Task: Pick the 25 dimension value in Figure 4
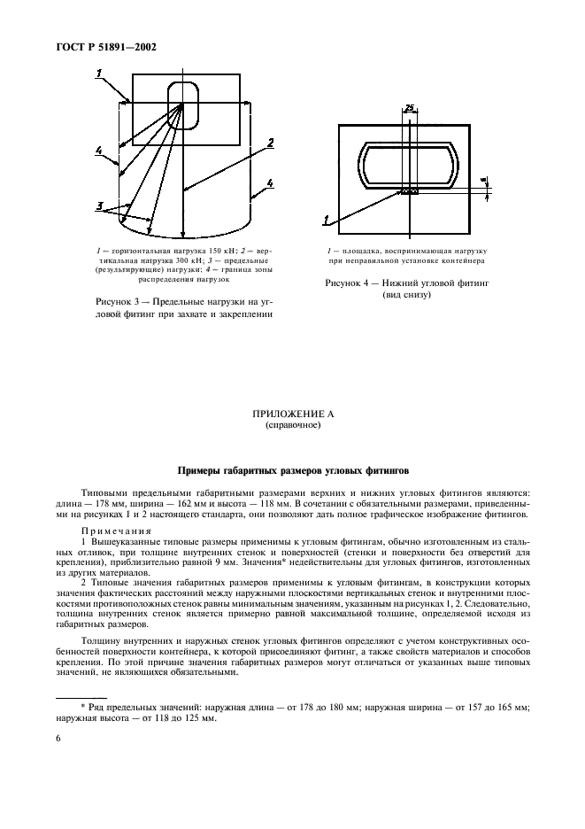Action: click(409, 108)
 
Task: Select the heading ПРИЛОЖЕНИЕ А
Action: click(292, 414)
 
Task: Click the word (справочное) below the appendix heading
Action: click(292, 425)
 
